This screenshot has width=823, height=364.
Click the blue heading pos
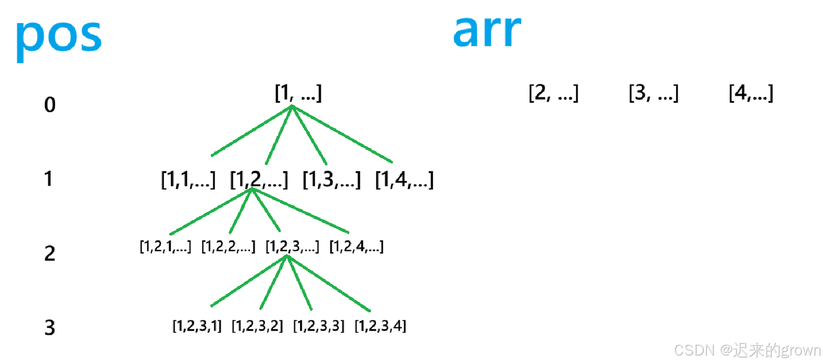coord(59,38)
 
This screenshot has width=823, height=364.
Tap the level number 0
coord(50,105)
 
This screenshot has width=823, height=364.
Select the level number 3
coord(50,327)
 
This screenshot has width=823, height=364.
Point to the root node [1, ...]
coord(298,93)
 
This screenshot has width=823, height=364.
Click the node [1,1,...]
coord(188,179)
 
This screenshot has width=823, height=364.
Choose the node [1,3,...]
coord(331,179)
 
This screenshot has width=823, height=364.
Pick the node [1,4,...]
coord(404,179)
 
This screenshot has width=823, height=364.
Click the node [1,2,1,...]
coord(165,246)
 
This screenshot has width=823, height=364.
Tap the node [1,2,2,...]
coord(228,246)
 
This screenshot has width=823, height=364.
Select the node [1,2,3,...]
coord(292,246)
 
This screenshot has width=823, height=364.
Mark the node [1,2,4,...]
coord(356,246)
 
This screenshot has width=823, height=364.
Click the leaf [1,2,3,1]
coord(197,326)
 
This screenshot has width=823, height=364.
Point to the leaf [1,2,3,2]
coord(257,326)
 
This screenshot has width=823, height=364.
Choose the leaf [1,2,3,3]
coord(319,326)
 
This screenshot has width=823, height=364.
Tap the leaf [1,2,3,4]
coord(380,326)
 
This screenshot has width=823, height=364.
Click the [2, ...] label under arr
coord(553,93)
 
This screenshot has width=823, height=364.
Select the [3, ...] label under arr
coord(653,93)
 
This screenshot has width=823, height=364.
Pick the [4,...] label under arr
coord(751,93)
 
